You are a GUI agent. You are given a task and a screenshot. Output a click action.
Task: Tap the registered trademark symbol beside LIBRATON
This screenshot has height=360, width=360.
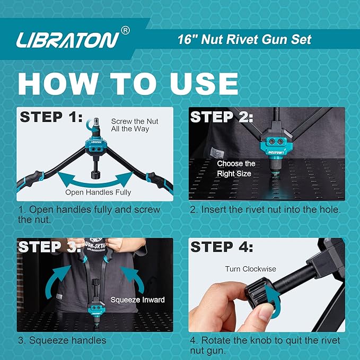125,31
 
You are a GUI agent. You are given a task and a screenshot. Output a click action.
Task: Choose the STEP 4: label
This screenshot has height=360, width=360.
222,247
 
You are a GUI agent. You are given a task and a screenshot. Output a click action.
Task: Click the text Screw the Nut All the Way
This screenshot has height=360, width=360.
135,125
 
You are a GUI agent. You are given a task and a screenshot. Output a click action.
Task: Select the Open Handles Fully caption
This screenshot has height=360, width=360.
98,192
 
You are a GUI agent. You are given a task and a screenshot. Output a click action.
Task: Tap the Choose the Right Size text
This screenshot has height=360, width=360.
236,168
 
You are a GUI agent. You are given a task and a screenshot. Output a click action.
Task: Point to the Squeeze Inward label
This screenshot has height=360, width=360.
137,300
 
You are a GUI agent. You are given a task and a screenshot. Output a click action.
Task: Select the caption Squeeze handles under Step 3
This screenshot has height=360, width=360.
62,340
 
